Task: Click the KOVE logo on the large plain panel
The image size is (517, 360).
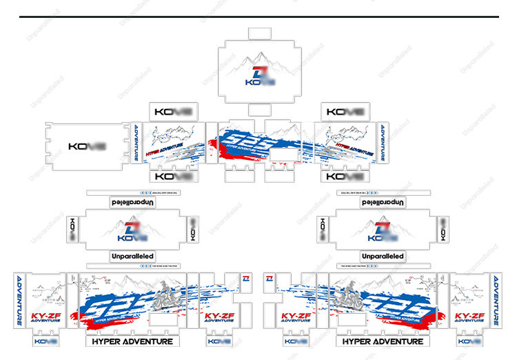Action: coord(87,147)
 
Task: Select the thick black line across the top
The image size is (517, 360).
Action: coord(258,17)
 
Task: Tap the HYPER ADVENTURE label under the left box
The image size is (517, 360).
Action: coord(131,341)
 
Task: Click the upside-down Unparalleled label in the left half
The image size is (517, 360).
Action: coord(132,203)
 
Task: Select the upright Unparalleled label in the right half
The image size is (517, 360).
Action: coord(383,256)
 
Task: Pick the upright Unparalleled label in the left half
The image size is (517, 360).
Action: coord(132,256)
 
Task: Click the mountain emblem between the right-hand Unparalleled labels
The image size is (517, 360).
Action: coord(383,230)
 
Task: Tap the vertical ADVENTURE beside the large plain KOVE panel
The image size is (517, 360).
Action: coord(136,143)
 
